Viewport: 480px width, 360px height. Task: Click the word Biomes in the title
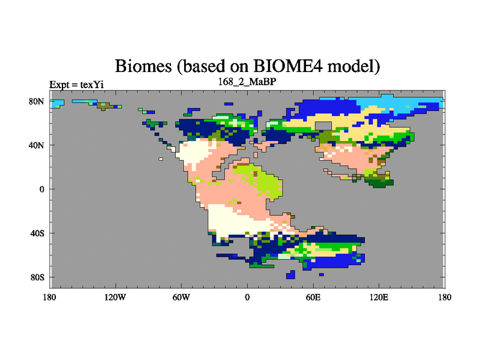point(143,65)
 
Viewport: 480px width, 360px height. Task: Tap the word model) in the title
point(354,66)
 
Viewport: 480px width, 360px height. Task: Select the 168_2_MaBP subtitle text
point(247,82)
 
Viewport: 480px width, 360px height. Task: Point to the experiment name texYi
point(92,85)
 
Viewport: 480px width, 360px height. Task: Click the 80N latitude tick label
point(37,101)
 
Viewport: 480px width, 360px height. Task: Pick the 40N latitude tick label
point(37,145)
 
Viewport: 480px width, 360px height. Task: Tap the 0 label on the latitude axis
point(41,189)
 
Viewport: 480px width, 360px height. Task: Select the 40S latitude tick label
point(37,233)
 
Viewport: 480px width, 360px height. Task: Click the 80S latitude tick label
point(37,277)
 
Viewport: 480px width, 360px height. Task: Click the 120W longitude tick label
point(115,297)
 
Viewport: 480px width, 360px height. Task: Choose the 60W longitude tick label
point(181,297)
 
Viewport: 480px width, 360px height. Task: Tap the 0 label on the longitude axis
point(247,297)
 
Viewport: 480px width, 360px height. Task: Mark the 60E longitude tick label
point(313,297)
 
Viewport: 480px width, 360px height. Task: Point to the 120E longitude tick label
point(379,297)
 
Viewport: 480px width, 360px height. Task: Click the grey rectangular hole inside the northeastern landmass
point(323,126)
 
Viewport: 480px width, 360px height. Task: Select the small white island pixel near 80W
point(161,159)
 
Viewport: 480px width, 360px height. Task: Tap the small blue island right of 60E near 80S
point(321,275)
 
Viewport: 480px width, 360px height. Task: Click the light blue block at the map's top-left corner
point(57,103)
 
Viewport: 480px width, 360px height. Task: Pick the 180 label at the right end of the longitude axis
point(445,297)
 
